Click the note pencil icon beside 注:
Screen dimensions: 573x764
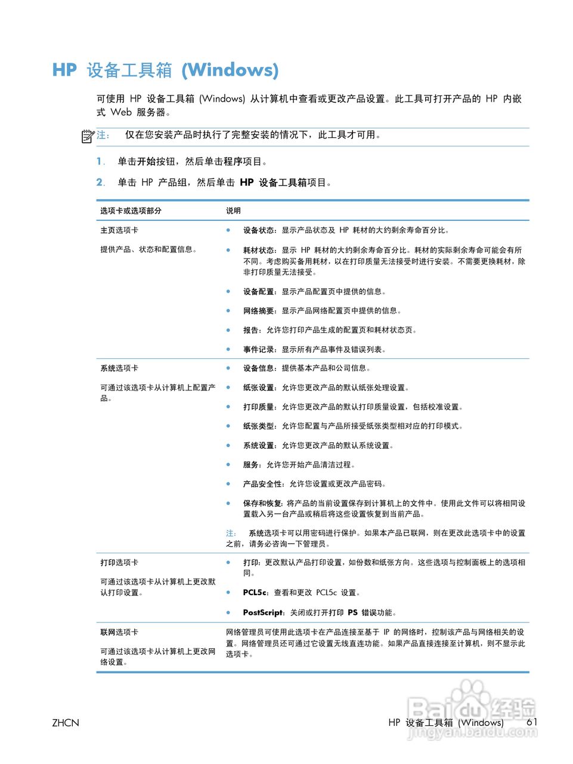point(88,136)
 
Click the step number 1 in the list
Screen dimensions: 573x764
point(100,161)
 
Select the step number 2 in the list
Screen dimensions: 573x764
point(100,183)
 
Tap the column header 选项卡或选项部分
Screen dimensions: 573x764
point(131,211)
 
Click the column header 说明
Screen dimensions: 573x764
point(233,211)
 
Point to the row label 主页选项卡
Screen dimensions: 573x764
point(119,230)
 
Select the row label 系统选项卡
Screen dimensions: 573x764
point(119,368)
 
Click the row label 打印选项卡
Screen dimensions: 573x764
point(119,563)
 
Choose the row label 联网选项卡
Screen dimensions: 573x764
point(119,632)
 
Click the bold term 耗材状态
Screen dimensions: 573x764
point(259,250)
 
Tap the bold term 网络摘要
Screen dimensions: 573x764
point(259,310)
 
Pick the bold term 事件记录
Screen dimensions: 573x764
point(259,350)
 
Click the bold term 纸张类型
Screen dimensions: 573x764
point(259,426)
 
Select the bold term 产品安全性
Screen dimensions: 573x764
point(263,484)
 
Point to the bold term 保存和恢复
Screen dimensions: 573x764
point(263,503)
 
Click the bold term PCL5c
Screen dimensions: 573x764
point(256,593)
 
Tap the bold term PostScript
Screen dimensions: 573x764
point(263,612)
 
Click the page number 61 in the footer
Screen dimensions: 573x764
point(532,722)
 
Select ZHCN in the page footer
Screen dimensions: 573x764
point(66,723)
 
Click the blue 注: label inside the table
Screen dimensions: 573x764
point(231,533)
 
